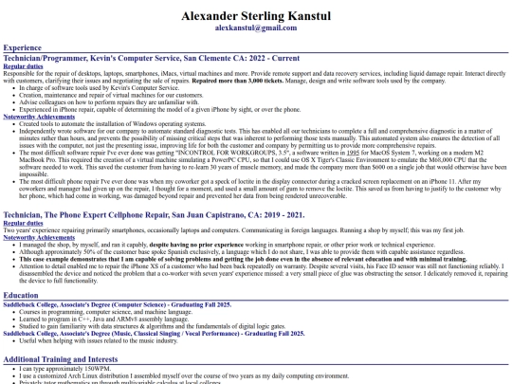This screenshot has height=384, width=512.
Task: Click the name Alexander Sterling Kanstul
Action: coord(255,16)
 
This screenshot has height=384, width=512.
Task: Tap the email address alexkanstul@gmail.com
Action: coord(255,29)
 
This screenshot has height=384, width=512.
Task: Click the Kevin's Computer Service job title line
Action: coord(151,57)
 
